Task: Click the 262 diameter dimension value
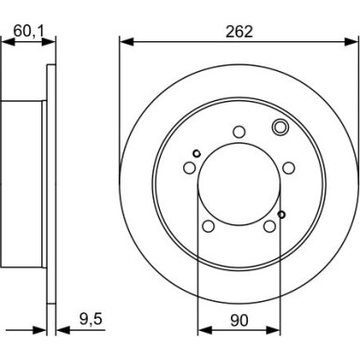point(239,32)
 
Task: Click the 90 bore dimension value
point(239,320)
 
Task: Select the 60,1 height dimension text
point(29,31)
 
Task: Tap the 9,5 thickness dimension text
point(91,320)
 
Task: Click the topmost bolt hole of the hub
point(239,132)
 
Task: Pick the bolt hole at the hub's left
point(189,168)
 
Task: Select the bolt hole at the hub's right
point(289,167)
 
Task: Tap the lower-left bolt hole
point(209,226)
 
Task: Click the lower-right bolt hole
point(269,226)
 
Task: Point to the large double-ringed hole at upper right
point(281,127)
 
